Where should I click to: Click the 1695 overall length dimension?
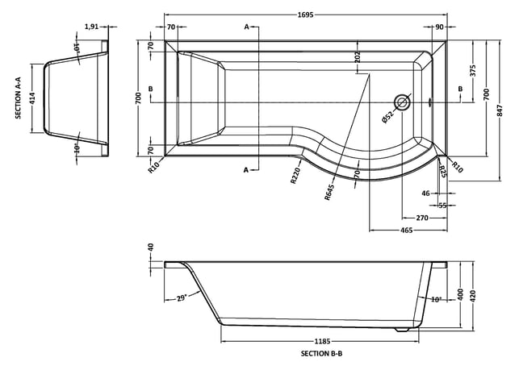point(305,15)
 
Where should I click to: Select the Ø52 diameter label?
point(387,118)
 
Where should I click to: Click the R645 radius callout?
point(329,192)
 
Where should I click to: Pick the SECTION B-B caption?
point(321,353)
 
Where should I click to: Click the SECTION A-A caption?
point(18,98)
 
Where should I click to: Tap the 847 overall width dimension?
point(500,110)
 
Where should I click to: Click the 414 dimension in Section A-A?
point(31,98)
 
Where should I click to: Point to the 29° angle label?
point(182,298)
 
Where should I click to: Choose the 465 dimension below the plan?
point(407,230)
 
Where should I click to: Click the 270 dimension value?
point(422,218)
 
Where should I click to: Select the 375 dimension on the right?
point(472,71)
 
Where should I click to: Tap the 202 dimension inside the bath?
point(357,57)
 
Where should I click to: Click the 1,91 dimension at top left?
point(92,27)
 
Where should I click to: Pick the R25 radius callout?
point(442,172)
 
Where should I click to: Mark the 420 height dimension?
point(472,295)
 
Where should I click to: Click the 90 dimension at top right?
point(439,27)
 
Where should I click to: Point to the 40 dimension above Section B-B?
point(151,247)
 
